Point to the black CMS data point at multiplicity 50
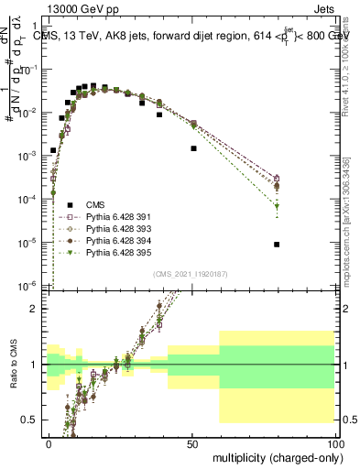[x=193, y=148]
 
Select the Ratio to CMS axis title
[x=13, y=376]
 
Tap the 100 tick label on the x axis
[x=334, y=442]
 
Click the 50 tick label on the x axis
[x=191, y=442]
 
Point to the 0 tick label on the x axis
[x=49, y=442]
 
